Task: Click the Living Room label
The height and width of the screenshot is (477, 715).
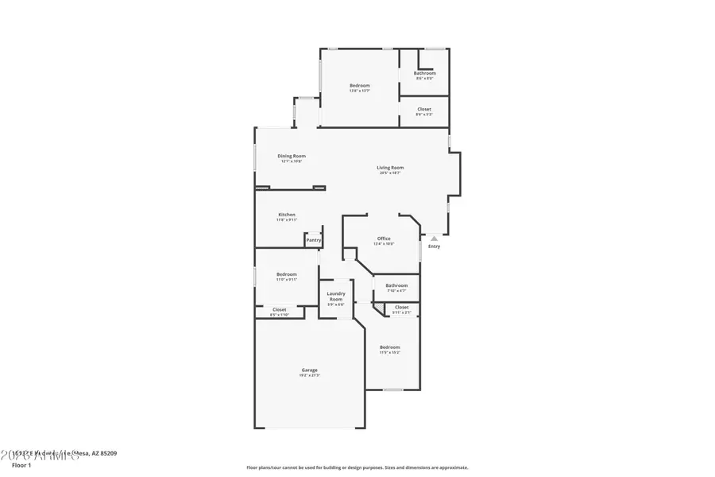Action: tap(390, 168)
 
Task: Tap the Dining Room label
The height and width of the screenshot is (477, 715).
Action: tap(292, 156)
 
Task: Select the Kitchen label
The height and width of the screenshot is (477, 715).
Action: tap(287, 215)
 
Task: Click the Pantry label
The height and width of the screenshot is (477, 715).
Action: tap(314, 240)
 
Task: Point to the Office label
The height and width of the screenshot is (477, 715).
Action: tap(384, 238)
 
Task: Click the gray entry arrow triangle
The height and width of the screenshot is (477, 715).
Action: tap(434, 237)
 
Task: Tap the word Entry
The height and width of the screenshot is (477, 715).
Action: tap(434, 246)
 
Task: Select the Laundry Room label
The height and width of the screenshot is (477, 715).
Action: tap(335, 297)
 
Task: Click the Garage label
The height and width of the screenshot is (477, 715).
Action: tap(309, 370)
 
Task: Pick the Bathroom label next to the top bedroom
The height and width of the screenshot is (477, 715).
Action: tap(424, 73)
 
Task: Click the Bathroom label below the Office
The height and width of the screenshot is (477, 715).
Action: tap(396, 285)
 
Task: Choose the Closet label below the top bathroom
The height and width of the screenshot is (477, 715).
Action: tap(424, 109)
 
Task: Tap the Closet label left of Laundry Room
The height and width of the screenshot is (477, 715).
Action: tap(280, 310)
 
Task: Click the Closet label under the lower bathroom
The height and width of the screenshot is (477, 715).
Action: tap(402, 307)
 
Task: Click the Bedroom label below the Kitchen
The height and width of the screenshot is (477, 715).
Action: tap(286, 274)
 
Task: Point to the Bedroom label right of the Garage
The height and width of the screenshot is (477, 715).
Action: tap(389, 347)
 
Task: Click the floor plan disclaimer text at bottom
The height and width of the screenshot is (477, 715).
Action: tap(357, 467)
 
